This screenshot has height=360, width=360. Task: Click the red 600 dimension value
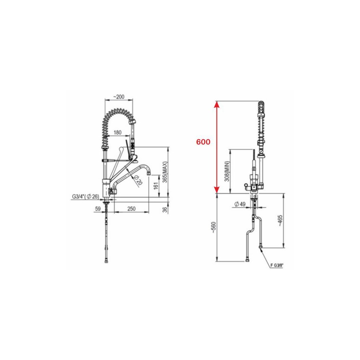click(x=203, y=142)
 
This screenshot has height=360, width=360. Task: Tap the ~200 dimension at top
click(x=119, y=97)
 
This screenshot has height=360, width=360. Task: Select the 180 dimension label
click(x=117, y=133)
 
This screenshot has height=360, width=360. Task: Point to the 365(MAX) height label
click(x=165, y=172)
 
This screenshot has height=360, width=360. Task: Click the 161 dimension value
click(x=156, y=186)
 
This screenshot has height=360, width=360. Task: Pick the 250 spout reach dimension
click(x=131, y=209)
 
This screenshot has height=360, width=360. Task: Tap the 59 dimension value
click(x=98, y=209)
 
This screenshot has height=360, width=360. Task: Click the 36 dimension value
click(x=165, y=210)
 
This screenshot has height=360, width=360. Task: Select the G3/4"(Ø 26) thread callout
click(x=86, y=197)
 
